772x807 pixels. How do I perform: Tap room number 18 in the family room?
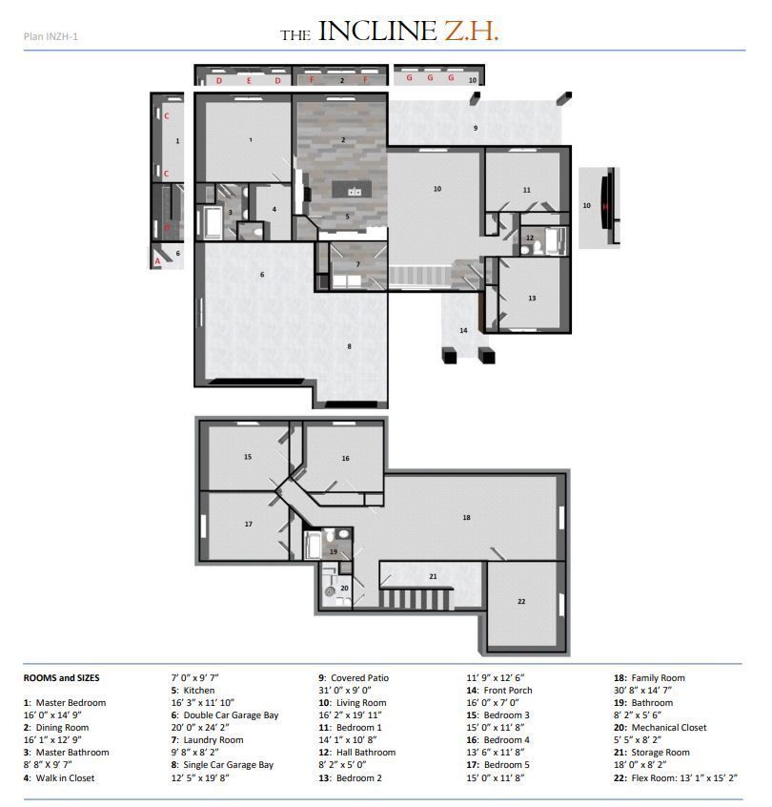[466, 518]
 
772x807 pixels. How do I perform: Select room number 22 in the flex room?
[521, 602]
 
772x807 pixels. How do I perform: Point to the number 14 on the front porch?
[463, 330]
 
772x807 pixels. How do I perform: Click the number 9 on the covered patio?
[476, 128]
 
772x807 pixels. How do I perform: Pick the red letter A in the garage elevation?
[157, 261]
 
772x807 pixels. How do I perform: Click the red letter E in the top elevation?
[249, 81]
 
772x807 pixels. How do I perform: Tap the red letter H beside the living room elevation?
[605, 207]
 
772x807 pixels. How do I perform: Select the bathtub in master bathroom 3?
[212, 222]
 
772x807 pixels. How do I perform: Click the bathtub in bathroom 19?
[313, 545]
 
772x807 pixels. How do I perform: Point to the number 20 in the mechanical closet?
[345, 589]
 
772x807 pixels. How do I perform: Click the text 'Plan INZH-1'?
[51, 36]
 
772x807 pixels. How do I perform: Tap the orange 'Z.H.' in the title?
[472, 31]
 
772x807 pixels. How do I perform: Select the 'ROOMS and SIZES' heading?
[62, 678]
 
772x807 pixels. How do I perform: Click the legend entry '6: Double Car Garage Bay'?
[225, 714]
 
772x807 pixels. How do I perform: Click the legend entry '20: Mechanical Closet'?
[660, 727]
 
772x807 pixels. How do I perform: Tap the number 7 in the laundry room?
[358, 264]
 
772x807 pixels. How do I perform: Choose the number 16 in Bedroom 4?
[346, 458]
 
